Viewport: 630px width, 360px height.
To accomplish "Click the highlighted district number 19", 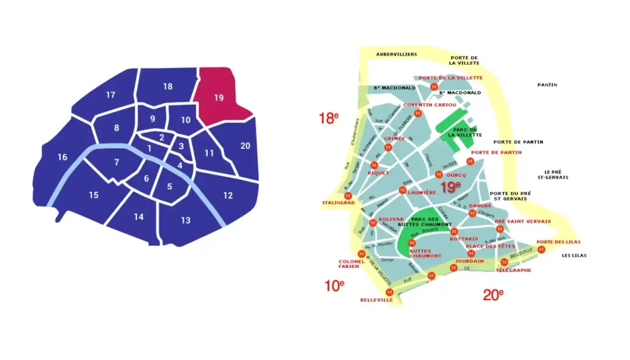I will click(219, 97).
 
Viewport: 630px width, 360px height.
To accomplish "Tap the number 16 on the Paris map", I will click(62, 157).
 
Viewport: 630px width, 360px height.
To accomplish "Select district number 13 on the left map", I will click(185, 220).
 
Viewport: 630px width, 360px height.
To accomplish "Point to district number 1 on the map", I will click(150, 149).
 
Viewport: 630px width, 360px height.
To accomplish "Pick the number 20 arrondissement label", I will click(245, 146).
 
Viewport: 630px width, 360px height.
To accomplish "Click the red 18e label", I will click(328, 118).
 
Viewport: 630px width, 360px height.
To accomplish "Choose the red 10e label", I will click(334, 285).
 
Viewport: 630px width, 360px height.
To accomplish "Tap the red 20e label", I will click(493, 295).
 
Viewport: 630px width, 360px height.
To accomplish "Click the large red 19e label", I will click(450, 187).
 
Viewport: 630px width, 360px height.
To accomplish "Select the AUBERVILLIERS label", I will click(397, 54).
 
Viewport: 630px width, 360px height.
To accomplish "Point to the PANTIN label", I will click(547, 85).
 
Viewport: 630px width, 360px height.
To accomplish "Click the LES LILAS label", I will click(574, 256).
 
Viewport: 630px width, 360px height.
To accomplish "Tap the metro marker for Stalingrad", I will click(348, 195).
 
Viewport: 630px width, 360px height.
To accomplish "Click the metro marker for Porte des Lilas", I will click(541, 250).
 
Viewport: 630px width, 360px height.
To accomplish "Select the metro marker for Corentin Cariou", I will click(417, 112).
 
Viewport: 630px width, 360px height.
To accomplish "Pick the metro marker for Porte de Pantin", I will click(471, 161).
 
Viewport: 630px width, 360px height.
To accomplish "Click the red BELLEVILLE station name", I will click(373, 301).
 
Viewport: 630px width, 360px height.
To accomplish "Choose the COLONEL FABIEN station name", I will click(352, 264).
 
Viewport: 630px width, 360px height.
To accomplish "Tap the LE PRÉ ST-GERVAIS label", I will click(555, 174).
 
